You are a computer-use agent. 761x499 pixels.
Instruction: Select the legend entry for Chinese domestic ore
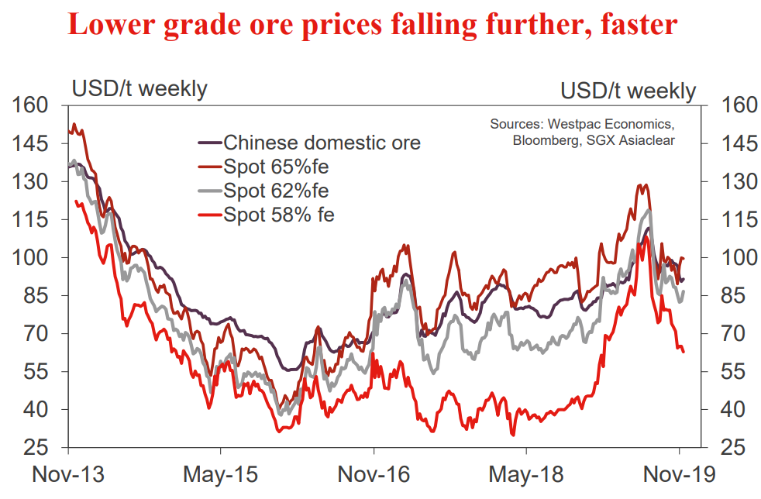(322, 143)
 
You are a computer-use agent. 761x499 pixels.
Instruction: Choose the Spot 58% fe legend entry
(279, 215)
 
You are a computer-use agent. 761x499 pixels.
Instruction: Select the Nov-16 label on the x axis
(374, 473)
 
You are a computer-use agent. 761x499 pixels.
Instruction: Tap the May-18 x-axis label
(526, 473)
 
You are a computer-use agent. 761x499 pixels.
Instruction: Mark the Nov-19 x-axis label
(680, 473)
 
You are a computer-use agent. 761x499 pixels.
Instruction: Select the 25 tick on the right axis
(733, 448)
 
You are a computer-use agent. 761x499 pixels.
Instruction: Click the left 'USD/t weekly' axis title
(139, 88)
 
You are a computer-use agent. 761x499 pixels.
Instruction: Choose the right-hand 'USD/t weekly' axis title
(628, 91)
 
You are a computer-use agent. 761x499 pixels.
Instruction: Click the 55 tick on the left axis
(36, 372)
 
